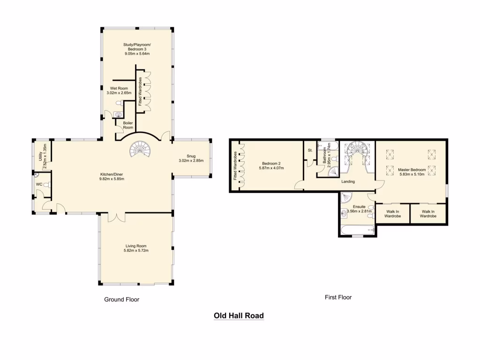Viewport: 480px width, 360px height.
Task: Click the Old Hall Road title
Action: pos(239,315)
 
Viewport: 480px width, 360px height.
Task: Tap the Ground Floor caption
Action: pos(121,299)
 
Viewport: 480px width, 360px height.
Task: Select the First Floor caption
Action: pos(338,297)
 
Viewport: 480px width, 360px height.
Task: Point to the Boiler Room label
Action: pos(128,125)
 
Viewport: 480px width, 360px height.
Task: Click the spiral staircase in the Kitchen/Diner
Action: pos(139,150)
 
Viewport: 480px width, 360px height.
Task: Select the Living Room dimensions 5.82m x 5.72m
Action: pos(136,250)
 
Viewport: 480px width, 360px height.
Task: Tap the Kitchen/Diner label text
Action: pos(112,174)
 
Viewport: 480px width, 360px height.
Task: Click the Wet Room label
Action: pos(119,88)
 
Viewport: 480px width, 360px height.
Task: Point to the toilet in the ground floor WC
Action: pos(46,185)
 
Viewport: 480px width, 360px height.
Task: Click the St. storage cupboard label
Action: pos(310,150)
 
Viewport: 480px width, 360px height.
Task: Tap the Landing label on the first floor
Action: pos(348,181)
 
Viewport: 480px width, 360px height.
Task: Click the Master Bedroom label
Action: pos(412,169)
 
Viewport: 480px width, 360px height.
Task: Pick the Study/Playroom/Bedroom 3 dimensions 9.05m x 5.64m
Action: pos(137,53)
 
